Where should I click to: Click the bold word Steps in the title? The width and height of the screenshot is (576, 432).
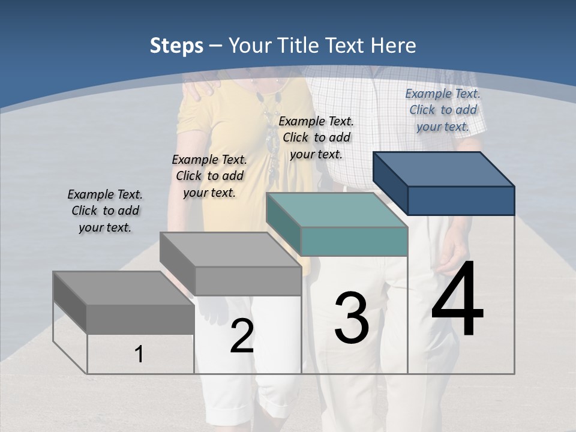176,46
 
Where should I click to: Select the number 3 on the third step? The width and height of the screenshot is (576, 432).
352,318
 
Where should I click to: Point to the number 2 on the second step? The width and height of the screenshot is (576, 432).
242,337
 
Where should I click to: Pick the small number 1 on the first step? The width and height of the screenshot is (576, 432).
139,355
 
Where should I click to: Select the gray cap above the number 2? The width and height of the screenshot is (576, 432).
230,250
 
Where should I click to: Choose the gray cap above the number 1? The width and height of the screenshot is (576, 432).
124,288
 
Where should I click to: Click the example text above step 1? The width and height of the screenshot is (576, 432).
105,211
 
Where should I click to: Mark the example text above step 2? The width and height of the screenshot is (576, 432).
209,176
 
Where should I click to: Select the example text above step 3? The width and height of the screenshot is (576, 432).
316,137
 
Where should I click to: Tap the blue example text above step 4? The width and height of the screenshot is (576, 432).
443,110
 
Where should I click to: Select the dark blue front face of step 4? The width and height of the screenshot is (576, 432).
461,200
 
